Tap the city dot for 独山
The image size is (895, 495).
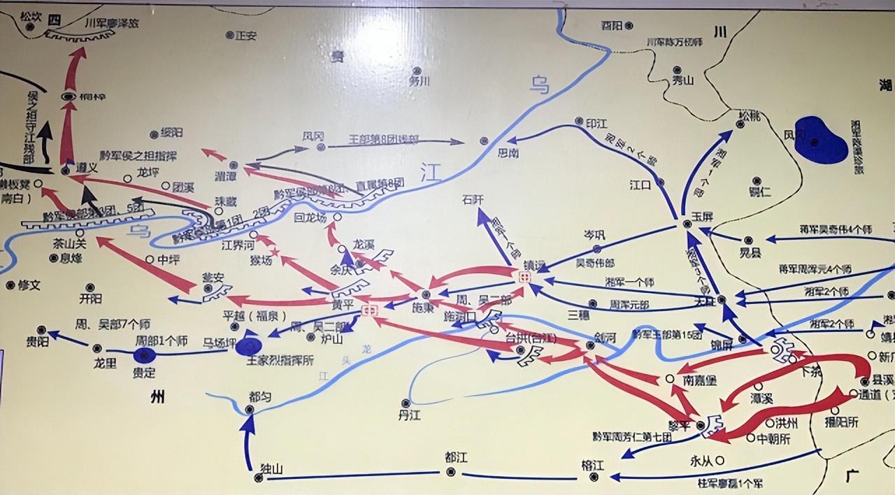point(259,478)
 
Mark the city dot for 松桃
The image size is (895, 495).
point(740,124)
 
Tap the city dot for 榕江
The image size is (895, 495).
point(594,477)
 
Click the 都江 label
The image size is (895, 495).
point(456,457)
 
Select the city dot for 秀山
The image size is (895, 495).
point(677,69)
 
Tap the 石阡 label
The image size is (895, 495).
point(472,199)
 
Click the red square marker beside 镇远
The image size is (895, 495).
point(525,278)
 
